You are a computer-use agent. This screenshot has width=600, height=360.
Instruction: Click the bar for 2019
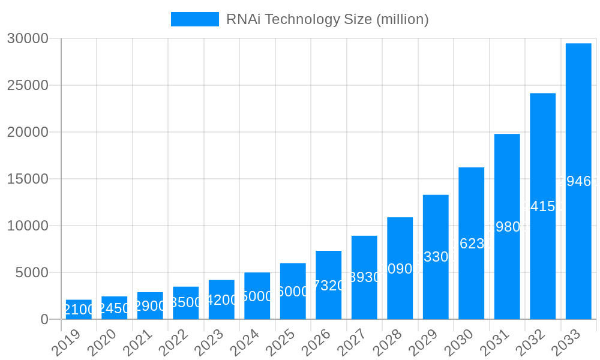(x=79, y=310)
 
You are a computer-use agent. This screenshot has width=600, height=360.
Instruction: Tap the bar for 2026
(x=329, y=285)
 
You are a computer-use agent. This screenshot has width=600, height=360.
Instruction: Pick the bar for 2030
(x=472, y=243)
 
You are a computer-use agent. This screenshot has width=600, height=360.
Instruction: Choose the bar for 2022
(x=186, y=303)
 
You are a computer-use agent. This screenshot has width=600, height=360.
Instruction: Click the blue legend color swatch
(x=195, y=19)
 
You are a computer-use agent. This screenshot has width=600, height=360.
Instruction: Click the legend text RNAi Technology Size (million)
(x=327, y=19)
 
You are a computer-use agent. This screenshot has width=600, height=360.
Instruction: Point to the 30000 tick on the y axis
(x=27, y=38)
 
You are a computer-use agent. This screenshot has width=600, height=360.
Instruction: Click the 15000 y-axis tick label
(x=27, y=179)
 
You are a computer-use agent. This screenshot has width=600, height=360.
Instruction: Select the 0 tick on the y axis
(x=44, y=319)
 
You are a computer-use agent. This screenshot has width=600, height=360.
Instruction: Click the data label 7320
(x=329, y=286)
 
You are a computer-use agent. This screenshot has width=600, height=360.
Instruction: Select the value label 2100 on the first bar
(x=79, y=310)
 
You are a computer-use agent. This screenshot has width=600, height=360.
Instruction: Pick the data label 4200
(x=221, y=300)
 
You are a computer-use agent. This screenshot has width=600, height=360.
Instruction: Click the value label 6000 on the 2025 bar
(x=293, y=292)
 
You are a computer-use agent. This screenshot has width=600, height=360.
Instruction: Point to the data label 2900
(x=150, y=306)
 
